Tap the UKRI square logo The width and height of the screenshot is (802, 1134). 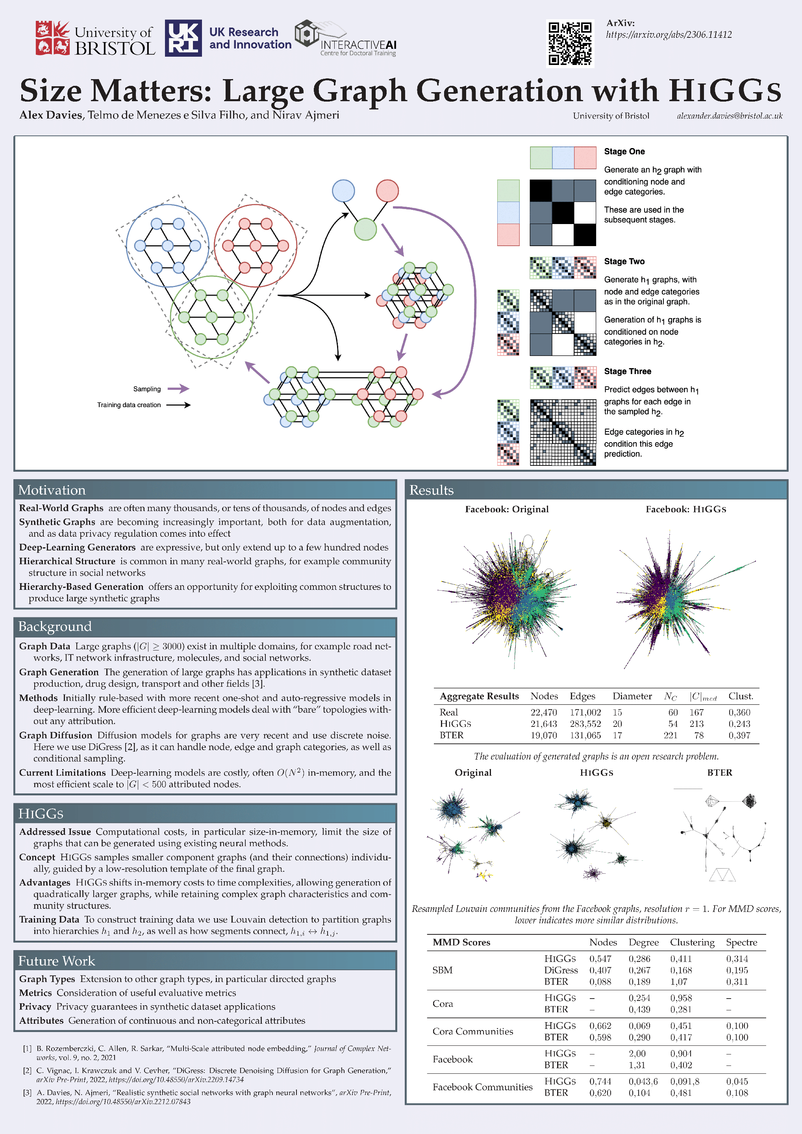[x=183, y=38]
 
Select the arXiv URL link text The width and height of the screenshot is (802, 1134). [x=669, y=35]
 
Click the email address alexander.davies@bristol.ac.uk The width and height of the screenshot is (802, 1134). [x=730, y=116]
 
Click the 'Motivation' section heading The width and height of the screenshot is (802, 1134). [x=52, y=490]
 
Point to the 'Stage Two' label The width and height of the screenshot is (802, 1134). [x=624, y=261]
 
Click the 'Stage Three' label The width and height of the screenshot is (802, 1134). [x=628, y=371]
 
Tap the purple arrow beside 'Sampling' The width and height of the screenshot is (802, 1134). [x=178, y=389]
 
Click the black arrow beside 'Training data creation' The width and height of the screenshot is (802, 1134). [x=178, y=405]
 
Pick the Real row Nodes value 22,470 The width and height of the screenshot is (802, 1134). [x=543, y=712]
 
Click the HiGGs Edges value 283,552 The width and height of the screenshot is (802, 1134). [x=585, y=724]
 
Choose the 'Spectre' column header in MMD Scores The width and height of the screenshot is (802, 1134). [x=741, y=942]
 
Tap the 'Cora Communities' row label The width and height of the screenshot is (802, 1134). [x=472, y=1031]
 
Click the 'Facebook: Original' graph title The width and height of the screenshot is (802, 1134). [x=507, y=509]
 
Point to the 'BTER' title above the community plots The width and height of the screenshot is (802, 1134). [x=720, y=773]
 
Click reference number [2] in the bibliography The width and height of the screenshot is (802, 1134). [x=28, y=1071]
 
